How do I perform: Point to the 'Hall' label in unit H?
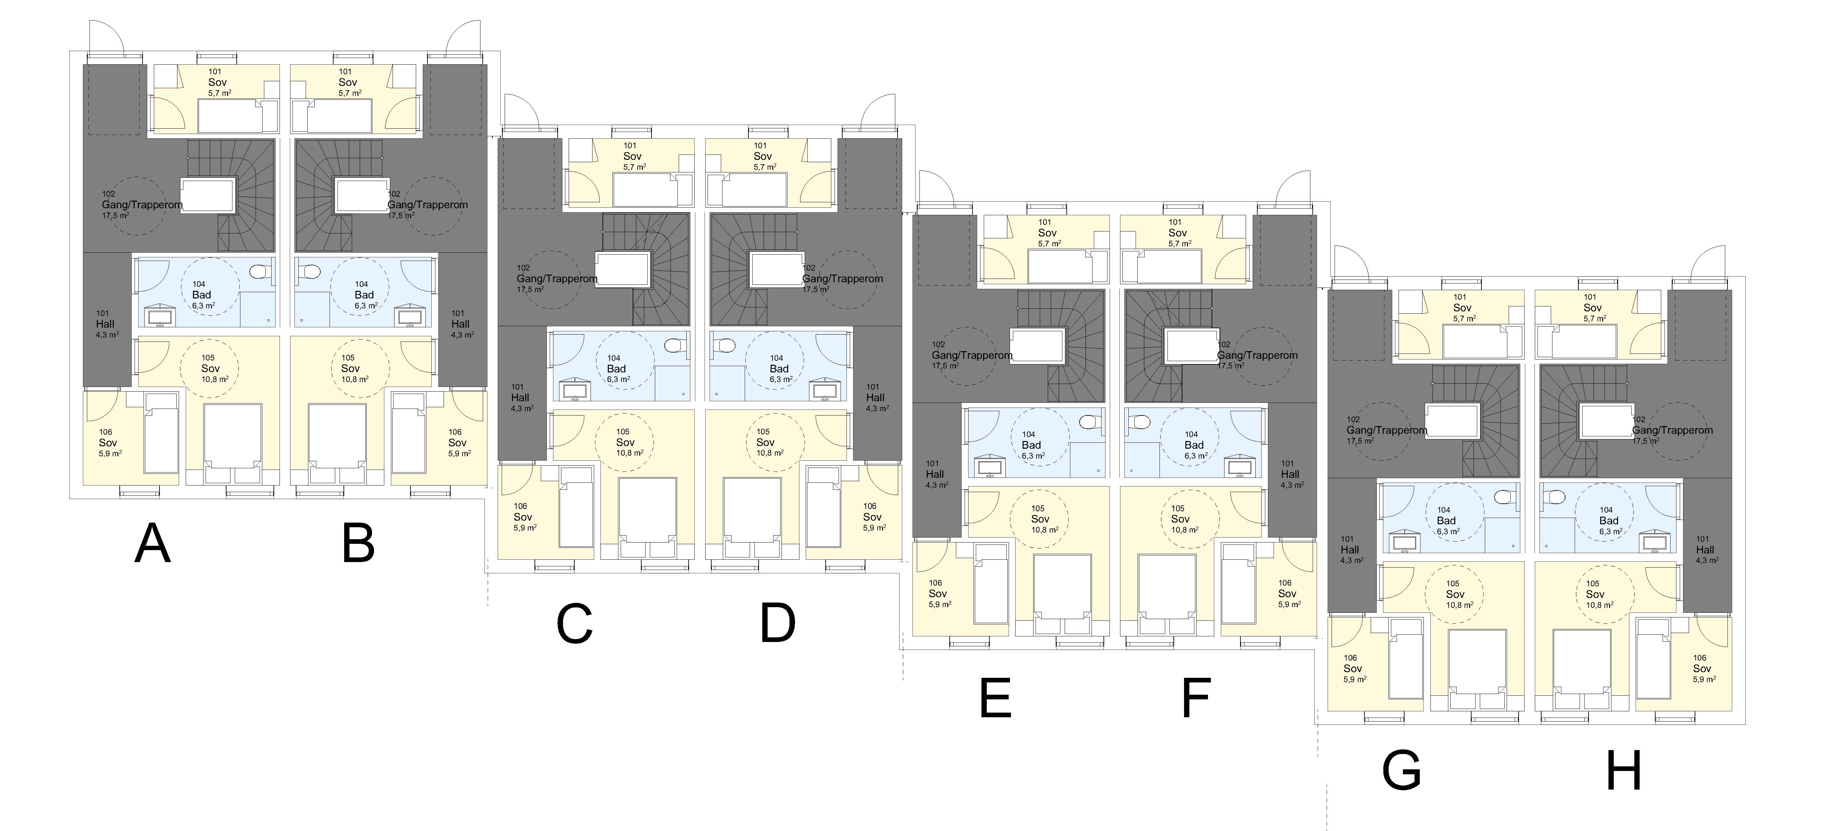coord(1704,549)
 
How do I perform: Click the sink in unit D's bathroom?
coord(824,389)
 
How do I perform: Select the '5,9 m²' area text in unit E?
coord(939,605)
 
